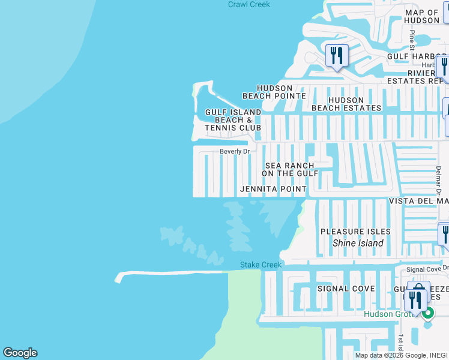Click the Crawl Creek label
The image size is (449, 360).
(x=249, y=4)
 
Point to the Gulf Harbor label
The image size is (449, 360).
(x=414, y=56)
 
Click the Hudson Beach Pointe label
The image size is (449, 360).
(x=274, y=92)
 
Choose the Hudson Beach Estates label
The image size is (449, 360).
(x=346, y=104)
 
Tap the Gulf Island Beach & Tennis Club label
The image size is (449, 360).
(x=233, y=120)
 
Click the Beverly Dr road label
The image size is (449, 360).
(x=234, y=152)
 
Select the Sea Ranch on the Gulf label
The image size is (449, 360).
(x=290, y=169)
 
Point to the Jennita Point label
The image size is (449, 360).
(x=273, y=189)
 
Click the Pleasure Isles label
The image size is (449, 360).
(x=355, y=232)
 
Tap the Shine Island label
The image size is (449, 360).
(x=358, y=243)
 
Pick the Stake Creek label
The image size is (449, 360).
(x=261, y=265)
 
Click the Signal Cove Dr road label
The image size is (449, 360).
(x=427, y=270)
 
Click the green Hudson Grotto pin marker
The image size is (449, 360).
(x=427, y=313)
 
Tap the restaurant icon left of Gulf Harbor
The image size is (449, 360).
(x=337, y=56)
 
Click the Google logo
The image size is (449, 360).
(x=20, y=353)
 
